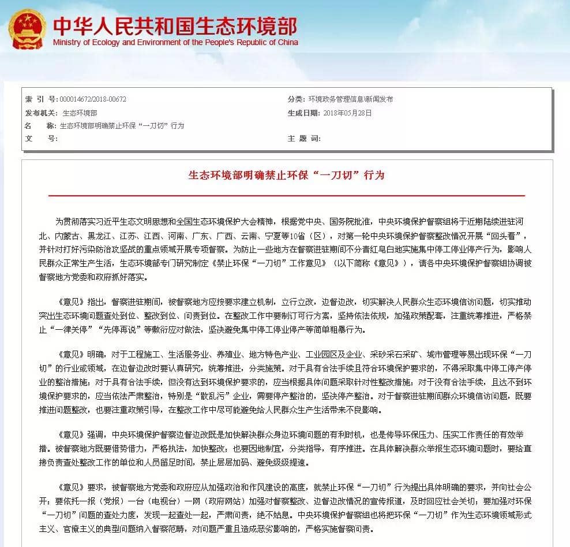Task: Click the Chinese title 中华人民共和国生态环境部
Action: tap(175, 26)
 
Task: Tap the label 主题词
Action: tap(304, 139)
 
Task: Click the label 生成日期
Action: tap(304, 113)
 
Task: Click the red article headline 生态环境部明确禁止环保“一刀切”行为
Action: tap(287, 175)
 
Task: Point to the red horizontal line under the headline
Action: tap(287, 196)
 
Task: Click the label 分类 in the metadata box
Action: tap(296, 99)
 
